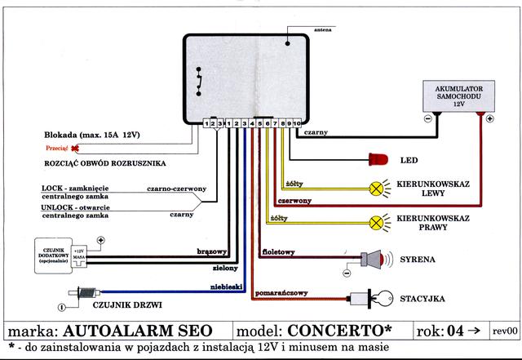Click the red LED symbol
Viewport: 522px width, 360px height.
(379, 158)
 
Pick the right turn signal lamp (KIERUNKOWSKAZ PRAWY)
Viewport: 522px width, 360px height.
(376, 220)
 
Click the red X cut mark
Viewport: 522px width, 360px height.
(76, 149)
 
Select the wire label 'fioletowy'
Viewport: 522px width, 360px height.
(278, 251)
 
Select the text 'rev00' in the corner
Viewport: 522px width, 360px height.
(505, 331)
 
